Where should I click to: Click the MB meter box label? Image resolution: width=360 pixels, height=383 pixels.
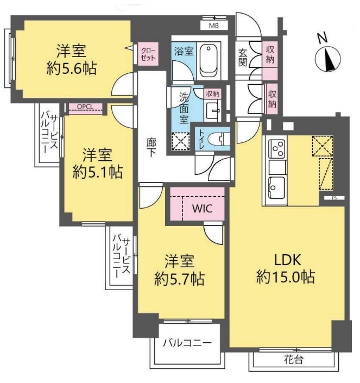(x=214, y=26)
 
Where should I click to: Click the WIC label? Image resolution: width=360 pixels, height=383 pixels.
(x=203, y=209)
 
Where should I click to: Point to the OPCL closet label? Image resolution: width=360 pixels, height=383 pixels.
(x=85, y=106)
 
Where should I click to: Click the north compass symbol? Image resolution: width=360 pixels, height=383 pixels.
(x=327, y=58)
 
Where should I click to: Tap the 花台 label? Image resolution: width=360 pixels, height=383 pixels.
(x=293, y=359)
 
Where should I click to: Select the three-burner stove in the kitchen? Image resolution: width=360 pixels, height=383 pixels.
(x=277, y=149)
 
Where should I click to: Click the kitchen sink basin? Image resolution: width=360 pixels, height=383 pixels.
(x=277, y=187)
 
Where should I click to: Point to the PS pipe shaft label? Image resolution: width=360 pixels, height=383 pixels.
(x=334, y=198)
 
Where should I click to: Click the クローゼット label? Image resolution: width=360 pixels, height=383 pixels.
(x=148, y=54)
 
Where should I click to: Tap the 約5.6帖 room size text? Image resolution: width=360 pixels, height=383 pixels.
(x=71, y=68)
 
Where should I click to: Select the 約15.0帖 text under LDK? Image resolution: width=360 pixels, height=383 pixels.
(x=286, y=277)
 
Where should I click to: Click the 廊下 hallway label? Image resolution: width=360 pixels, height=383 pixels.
(x=151, y=147)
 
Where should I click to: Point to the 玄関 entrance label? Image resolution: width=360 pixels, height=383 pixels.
(x=242, y=58)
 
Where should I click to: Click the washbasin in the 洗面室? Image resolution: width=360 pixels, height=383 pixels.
(x=213, y=110)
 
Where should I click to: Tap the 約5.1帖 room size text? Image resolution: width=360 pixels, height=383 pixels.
(x=98, y=172)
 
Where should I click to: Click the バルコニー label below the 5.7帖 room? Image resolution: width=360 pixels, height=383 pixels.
(x=187, y=343)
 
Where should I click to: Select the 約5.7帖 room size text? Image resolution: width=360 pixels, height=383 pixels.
(x=180, y=279)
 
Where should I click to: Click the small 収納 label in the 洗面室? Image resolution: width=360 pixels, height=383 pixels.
(x=213, y=93)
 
